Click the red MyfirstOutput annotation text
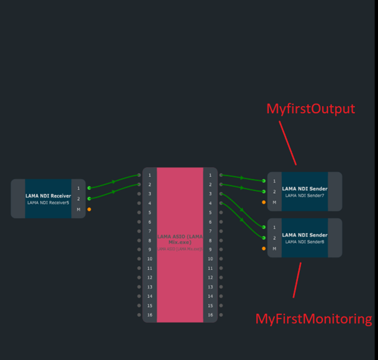[311, 109]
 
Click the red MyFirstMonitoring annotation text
[314, 319]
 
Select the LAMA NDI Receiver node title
[48, 196]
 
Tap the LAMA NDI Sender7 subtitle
[304, 196]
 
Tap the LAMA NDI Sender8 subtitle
[304, 242]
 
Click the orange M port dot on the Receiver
[89, 209]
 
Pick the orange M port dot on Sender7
[264, 202]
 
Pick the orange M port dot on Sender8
[264, 249]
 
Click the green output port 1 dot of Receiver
[89, 187]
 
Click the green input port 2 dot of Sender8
[264, 238]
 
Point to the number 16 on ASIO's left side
[150, 315]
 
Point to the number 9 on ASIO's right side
[211, 250]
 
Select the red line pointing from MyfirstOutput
[287, 142]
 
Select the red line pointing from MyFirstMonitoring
[297, 279]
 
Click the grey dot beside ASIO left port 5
[139, 212]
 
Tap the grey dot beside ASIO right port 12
[221, 277]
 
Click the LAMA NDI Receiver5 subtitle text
[48, 202]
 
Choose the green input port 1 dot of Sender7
[264, 181]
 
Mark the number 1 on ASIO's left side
[150, 176]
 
